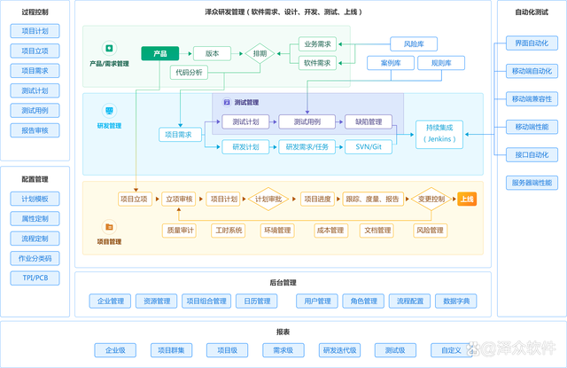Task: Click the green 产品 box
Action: (x=159, y=53)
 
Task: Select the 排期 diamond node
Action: (x=260, y=53)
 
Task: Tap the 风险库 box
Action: (x=414, y=43)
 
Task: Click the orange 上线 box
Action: (x=467, y=199)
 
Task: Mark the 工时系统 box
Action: (x=228, y=231)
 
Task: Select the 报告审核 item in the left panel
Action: (x=35, y=130)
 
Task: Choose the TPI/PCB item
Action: (x=35, y=278)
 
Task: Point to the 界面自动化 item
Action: (x=531, y=43)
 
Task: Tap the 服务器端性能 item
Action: (x=531, y=183)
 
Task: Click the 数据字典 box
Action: (x=460, y=301)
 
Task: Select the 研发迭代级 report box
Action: (x=339, y=350)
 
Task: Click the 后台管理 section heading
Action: (x=283, y=282)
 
